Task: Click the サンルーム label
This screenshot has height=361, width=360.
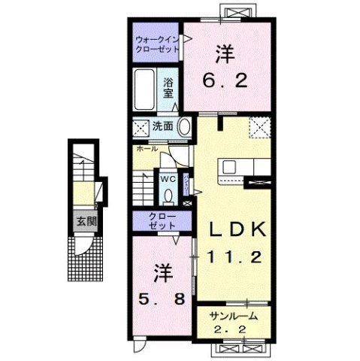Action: click(x=234, y=316)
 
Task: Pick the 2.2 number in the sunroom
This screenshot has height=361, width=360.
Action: click(x=234, y=329)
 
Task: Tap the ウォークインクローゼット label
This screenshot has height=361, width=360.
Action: click(x=156, y=43)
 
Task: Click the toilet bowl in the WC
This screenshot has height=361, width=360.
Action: click(x=167, y=195)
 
